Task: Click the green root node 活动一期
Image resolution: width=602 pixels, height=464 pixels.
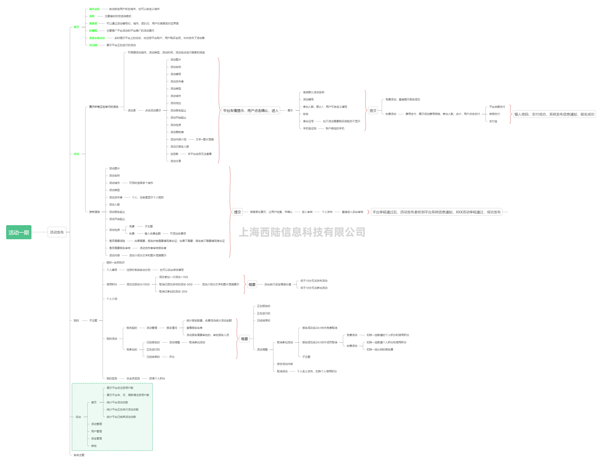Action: [19, 232]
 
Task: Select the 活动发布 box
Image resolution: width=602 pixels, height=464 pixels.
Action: [57, 232]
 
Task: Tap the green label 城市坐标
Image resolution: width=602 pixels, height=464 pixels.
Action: [94, 9]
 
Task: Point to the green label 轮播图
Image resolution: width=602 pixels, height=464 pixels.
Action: [93, 31]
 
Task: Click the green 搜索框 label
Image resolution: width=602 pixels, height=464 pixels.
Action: [93, 23]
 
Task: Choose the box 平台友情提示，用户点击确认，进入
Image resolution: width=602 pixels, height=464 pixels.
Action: [250, 111]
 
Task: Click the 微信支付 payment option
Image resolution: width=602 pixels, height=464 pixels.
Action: [494, 114]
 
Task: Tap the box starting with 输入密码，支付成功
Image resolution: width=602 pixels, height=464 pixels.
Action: [554, 114]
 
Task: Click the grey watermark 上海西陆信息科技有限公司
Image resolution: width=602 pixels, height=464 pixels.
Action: [302, 232]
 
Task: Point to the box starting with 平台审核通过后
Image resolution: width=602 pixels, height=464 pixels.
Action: [436, 212]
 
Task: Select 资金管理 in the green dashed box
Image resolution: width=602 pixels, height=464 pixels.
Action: [97, 438]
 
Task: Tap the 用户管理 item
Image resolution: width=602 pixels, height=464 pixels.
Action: [97, 431]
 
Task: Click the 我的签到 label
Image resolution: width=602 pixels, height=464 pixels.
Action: [112, 378]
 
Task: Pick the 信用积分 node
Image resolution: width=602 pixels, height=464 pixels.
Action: [112, 284]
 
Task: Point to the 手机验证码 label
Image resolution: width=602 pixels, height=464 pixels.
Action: [309, 128]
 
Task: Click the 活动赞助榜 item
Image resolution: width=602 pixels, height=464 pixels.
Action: [177, 132]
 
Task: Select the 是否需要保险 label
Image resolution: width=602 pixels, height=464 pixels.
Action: [117, 241]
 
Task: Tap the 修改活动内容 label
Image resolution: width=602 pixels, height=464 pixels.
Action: [285, 364]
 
